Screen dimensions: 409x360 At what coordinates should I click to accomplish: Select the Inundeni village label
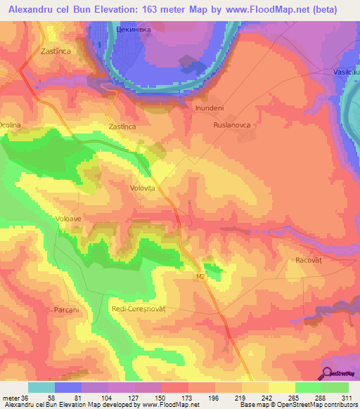pos(209,109)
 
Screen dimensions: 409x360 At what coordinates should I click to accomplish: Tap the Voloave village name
pos(70,219)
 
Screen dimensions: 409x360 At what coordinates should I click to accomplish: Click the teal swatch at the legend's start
pos(41,387)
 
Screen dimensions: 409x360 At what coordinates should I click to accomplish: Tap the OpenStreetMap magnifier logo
pos(326,373)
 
